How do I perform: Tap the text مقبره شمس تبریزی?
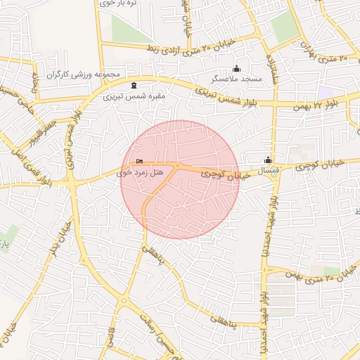tap(134, 96)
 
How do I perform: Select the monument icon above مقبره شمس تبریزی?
tap(134, 85)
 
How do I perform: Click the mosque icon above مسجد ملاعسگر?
tap(236, 68)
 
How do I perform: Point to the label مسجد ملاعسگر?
tap(237, 79)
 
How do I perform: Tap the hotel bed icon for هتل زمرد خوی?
tap(139, 161)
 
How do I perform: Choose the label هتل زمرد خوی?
tap(140, 172)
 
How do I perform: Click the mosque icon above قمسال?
tap(268, 160)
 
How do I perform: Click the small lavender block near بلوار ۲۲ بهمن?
tap(326, 92)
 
